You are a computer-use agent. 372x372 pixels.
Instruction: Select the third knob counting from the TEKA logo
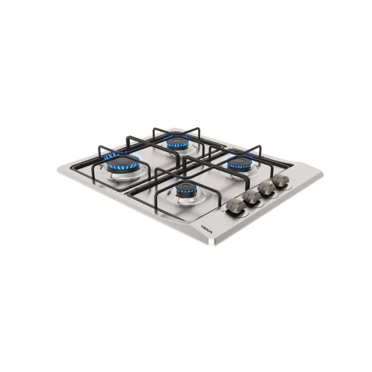[266, 188]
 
